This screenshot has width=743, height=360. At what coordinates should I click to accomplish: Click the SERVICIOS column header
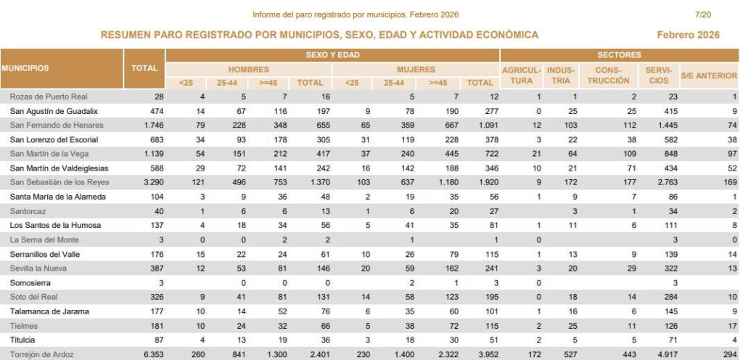click(x=657, y=75)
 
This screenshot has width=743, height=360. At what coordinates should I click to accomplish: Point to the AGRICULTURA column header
click(x=522, y=75)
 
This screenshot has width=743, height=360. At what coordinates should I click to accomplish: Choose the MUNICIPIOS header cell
click(x=25, y=68)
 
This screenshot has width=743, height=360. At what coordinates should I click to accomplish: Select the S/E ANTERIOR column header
click(x=708, y=75)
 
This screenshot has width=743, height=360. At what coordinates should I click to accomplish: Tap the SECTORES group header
click(x=618, y=54)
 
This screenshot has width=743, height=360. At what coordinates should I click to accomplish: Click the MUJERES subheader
click(x=416, y=70)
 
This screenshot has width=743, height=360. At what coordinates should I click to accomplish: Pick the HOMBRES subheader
click(x=248, y=70)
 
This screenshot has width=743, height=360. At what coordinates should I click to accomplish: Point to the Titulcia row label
click(x=27, y=340)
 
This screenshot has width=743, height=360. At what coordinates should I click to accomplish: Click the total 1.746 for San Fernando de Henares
click(x=145, y=125)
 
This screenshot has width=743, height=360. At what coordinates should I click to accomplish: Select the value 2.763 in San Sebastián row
click(x=657, y=182)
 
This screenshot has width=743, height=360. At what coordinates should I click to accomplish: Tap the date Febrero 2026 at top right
click(x=687, y=35)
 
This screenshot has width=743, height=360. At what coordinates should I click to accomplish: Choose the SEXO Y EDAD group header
click(x=332, y=54)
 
